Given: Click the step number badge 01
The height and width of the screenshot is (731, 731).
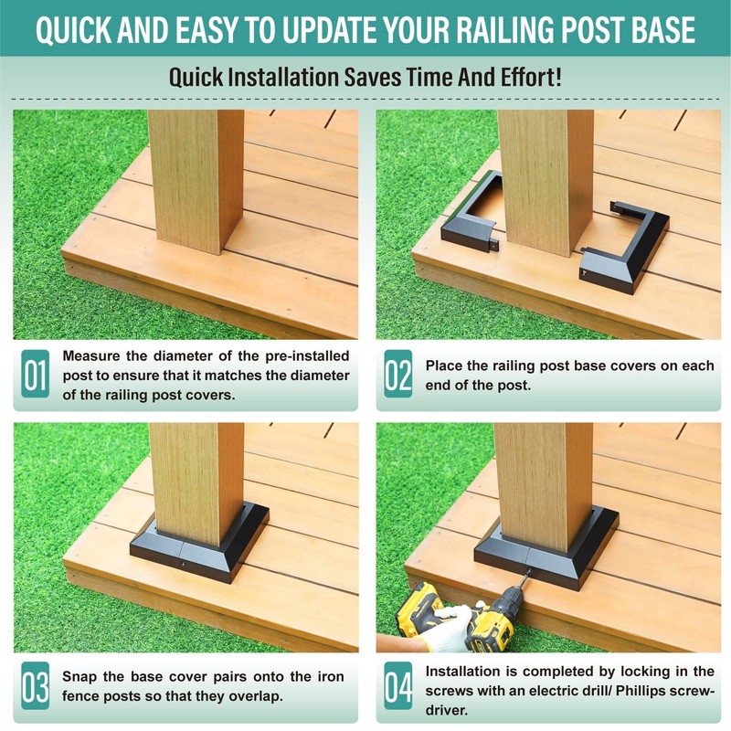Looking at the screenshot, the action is (36, 374).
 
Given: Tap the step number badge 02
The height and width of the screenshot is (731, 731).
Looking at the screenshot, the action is (398, 374).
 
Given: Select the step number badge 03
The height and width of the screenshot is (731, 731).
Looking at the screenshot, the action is (36, 685).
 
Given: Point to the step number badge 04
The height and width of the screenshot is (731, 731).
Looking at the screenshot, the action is (398, 685).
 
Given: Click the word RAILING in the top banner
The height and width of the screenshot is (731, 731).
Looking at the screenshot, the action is (506, 30).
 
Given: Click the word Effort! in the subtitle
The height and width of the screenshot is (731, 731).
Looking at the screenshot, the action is (531, 77).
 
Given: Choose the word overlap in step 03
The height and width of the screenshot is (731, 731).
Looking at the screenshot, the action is (258, 696).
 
